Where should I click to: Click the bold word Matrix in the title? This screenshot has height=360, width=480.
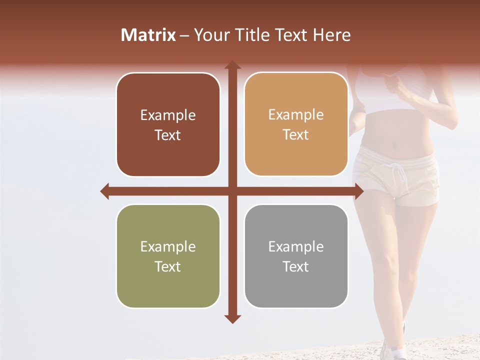tap(148, 35)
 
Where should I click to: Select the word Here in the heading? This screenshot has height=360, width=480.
tap(331, 35)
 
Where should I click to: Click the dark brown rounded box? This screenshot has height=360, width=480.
tap(168, 125)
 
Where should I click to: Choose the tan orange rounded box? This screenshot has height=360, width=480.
tap(296, 124)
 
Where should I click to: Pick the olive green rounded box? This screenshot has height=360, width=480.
tap(168, 256)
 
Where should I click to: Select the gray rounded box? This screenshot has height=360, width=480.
tap(296, 256)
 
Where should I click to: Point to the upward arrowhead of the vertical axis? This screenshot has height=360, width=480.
tap(232, 65)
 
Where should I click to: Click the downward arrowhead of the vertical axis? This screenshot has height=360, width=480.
tap(232, 319)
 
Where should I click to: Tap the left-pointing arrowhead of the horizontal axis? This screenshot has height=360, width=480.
tap(104, 191)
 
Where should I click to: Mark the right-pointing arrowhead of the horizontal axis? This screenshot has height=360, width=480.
tap(359, 191)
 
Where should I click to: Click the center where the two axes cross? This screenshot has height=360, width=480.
tap(232, 191)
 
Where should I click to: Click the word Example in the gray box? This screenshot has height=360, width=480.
tap(296, 246)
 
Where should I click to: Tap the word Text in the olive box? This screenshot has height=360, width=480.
tap(168, 266)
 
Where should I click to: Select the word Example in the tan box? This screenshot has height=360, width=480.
tap(296, 115)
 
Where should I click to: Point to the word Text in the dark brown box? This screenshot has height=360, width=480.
tap(168, 135)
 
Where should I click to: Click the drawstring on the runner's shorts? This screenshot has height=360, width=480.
tap(400, 177)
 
